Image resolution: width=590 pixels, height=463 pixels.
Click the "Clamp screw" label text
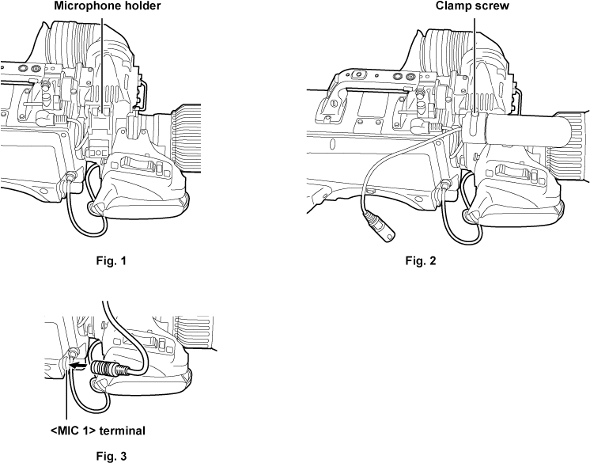(x=472, y=5)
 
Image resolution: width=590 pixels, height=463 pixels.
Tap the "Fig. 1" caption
(x=111, y=260)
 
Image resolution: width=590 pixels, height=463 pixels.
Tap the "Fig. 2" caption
(x=420, y=260)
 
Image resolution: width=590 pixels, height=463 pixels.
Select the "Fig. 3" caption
(x=111, y=454)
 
